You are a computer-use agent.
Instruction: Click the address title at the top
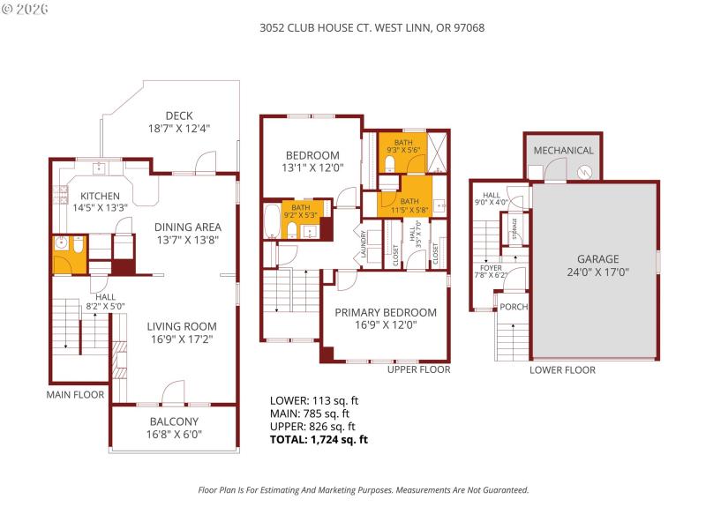point(372,27)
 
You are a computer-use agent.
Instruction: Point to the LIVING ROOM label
point(181,325)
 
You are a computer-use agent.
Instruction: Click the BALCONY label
point(174,421)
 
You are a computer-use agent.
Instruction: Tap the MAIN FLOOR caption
point(75,395)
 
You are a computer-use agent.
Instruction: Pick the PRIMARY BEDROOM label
point(386,312)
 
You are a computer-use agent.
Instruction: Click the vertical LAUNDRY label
point(363,244)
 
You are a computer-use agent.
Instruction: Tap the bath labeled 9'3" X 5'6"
point(402,145)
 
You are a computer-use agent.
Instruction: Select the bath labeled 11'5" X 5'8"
point(403,205)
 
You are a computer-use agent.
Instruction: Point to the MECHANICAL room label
point(563,151)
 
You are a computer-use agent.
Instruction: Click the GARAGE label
point(598,259)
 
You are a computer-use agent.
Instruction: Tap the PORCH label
point(513,308)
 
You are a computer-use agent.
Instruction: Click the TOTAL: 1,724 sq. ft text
point(319,438)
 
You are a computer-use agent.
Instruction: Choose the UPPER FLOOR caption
point(419,369)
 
